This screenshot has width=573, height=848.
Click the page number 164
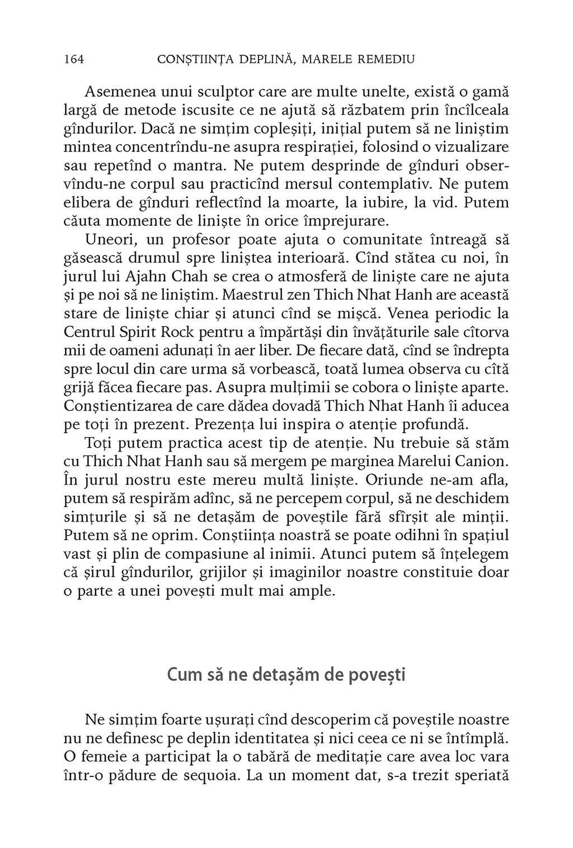click(74, 59)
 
